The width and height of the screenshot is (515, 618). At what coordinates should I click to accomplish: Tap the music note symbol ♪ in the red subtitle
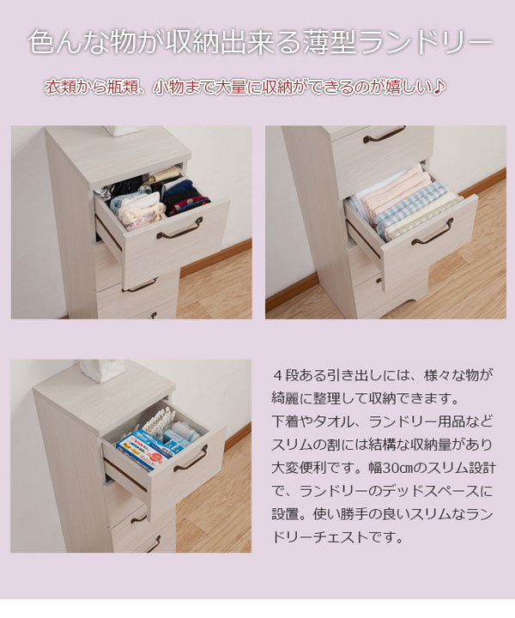click(x=439, y=88)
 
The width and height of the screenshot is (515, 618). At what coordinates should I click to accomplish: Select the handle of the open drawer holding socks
click(x=179, y=228)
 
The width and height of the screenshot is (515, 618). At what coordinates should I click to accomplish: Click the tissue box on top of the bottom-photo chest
click(x=102, y=370)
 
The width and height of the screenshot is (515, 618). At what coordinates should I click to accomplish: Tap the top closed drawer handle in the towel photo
click(x=384, y=135)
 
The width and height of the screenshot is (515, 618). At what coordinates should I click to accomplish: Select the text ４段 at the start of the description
click(x=284, y=377)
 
